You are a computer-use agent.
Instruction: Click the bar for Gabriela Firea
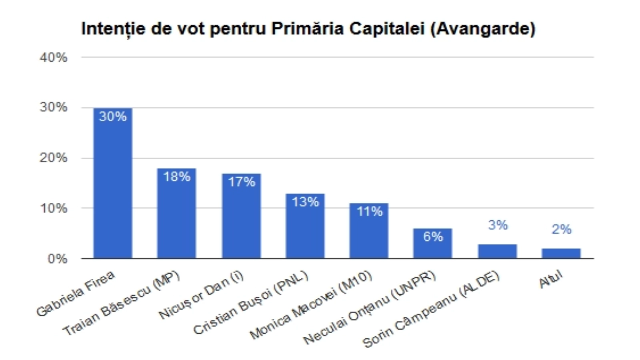[x=113, y=188]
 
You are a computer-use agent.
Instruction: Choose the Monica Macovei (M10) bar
[x=369, y=234]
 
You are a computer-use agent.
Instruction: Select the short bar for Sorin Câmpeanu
[x=497, y=252]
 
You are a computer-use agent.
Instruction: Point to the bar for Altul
[x=561, y=254]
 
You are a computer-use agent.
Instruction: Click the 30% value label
[x=113, y=116]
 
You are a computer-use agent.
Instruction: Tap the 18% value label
[x=176, y=176]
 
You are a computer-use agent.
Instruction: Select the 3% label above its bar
[x=498, y=225]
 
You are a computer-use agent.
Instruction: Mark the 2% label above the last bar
[x=561, y=229]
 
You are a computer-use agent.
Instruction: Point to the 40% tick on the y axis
[x=54, y=58]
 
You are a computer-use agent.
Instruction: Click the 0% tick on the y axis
[x=57, y=259]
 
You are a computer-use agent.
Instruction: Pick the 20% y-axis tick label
[x=54, y=158]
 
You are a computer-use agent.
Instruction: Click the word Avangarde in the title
[x=483, y=29]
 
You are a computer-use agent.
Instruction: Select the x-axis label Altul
[x=551, y=280]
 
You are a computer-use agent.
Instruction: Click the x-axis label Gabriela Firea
[x=75, y=294]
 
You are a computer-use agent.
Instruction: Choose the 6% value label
[x=433, y=236]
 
